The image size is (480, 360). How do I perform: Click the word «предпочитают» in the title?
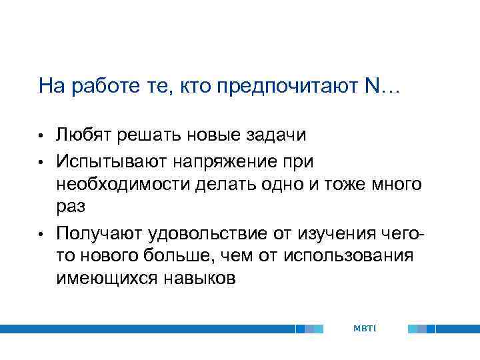290,86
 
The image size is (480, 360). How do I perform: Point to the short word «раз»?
71,207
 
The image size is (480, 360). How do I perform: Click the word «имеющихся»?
104,279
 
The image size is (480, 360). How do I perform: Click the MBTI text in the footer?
365,329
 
